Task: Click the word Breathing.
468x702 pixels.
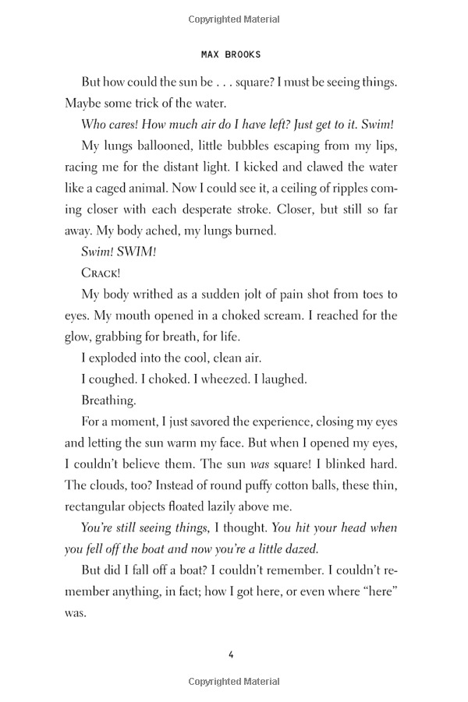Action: (x=108, y=400)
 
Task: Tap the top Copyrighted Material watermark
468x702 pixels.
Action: (x=233, y=16)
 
